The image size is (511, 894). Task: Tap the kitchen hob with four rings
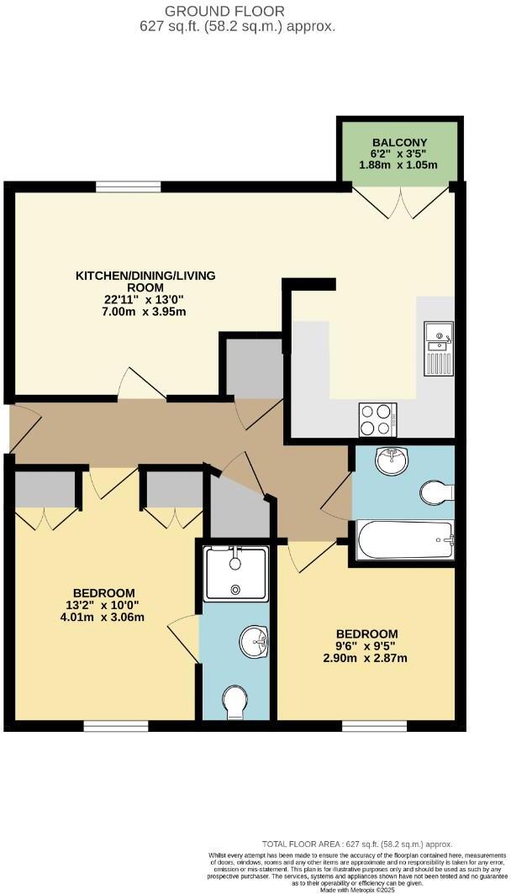[378, 419]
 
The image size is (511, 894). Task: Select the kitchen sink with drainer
[438, 348]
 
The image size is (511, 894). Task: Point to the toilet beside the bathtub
[436, 492]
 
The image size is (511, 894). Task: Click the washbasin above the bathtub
[390, 461]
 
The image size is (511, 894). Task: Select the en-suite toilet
[236, 702]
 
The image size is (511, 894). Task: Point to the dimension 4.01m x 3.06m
[103, 618]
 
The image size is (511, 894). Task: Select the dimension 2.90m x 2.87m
[366, 658]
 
